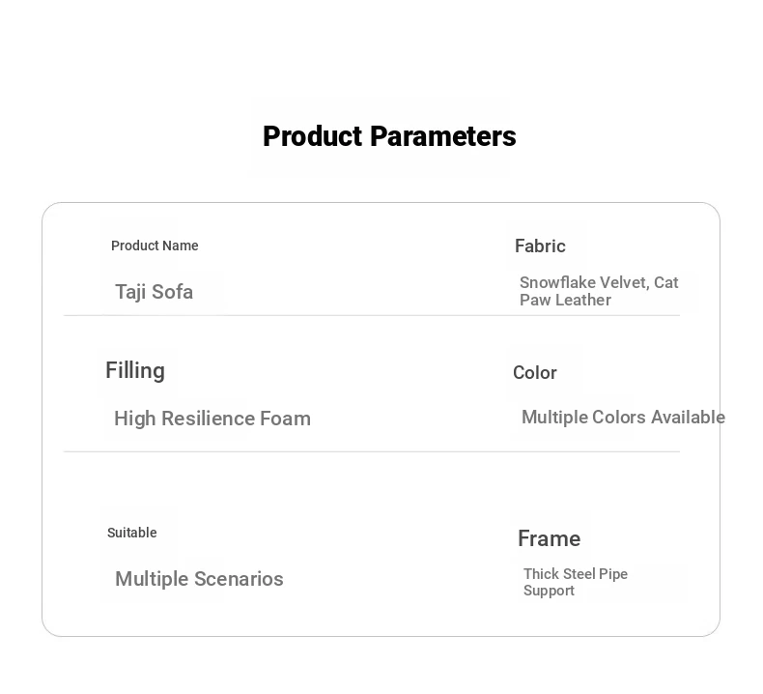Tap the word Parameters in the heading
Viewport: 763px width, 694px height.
442,136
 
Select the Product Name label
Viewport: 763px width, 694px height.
155,246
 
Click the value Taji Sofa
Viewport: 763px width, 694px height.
154,292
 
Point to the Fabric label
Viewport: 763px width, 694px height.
540,246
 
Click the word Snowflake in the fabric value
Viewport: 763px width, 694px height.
557,282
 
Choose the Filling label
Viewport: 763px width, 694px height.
135,370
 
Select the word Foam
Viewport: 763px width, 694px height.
285,419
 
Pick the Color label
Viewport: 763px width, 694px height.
535,373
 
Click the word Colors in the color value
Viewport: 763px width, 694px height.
618,418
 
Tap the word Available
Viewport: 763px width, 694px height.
688,418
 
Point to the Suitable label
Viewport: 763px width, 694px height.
132,533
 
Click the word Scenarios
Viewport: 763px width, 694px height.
239,579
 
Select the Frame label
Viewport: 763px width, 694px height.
549,538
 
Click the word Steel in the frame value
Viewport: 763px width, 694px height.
579,574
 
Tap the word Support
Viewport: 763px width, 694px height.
549,591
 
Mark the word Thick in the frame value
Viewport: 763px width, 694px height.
541,574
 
